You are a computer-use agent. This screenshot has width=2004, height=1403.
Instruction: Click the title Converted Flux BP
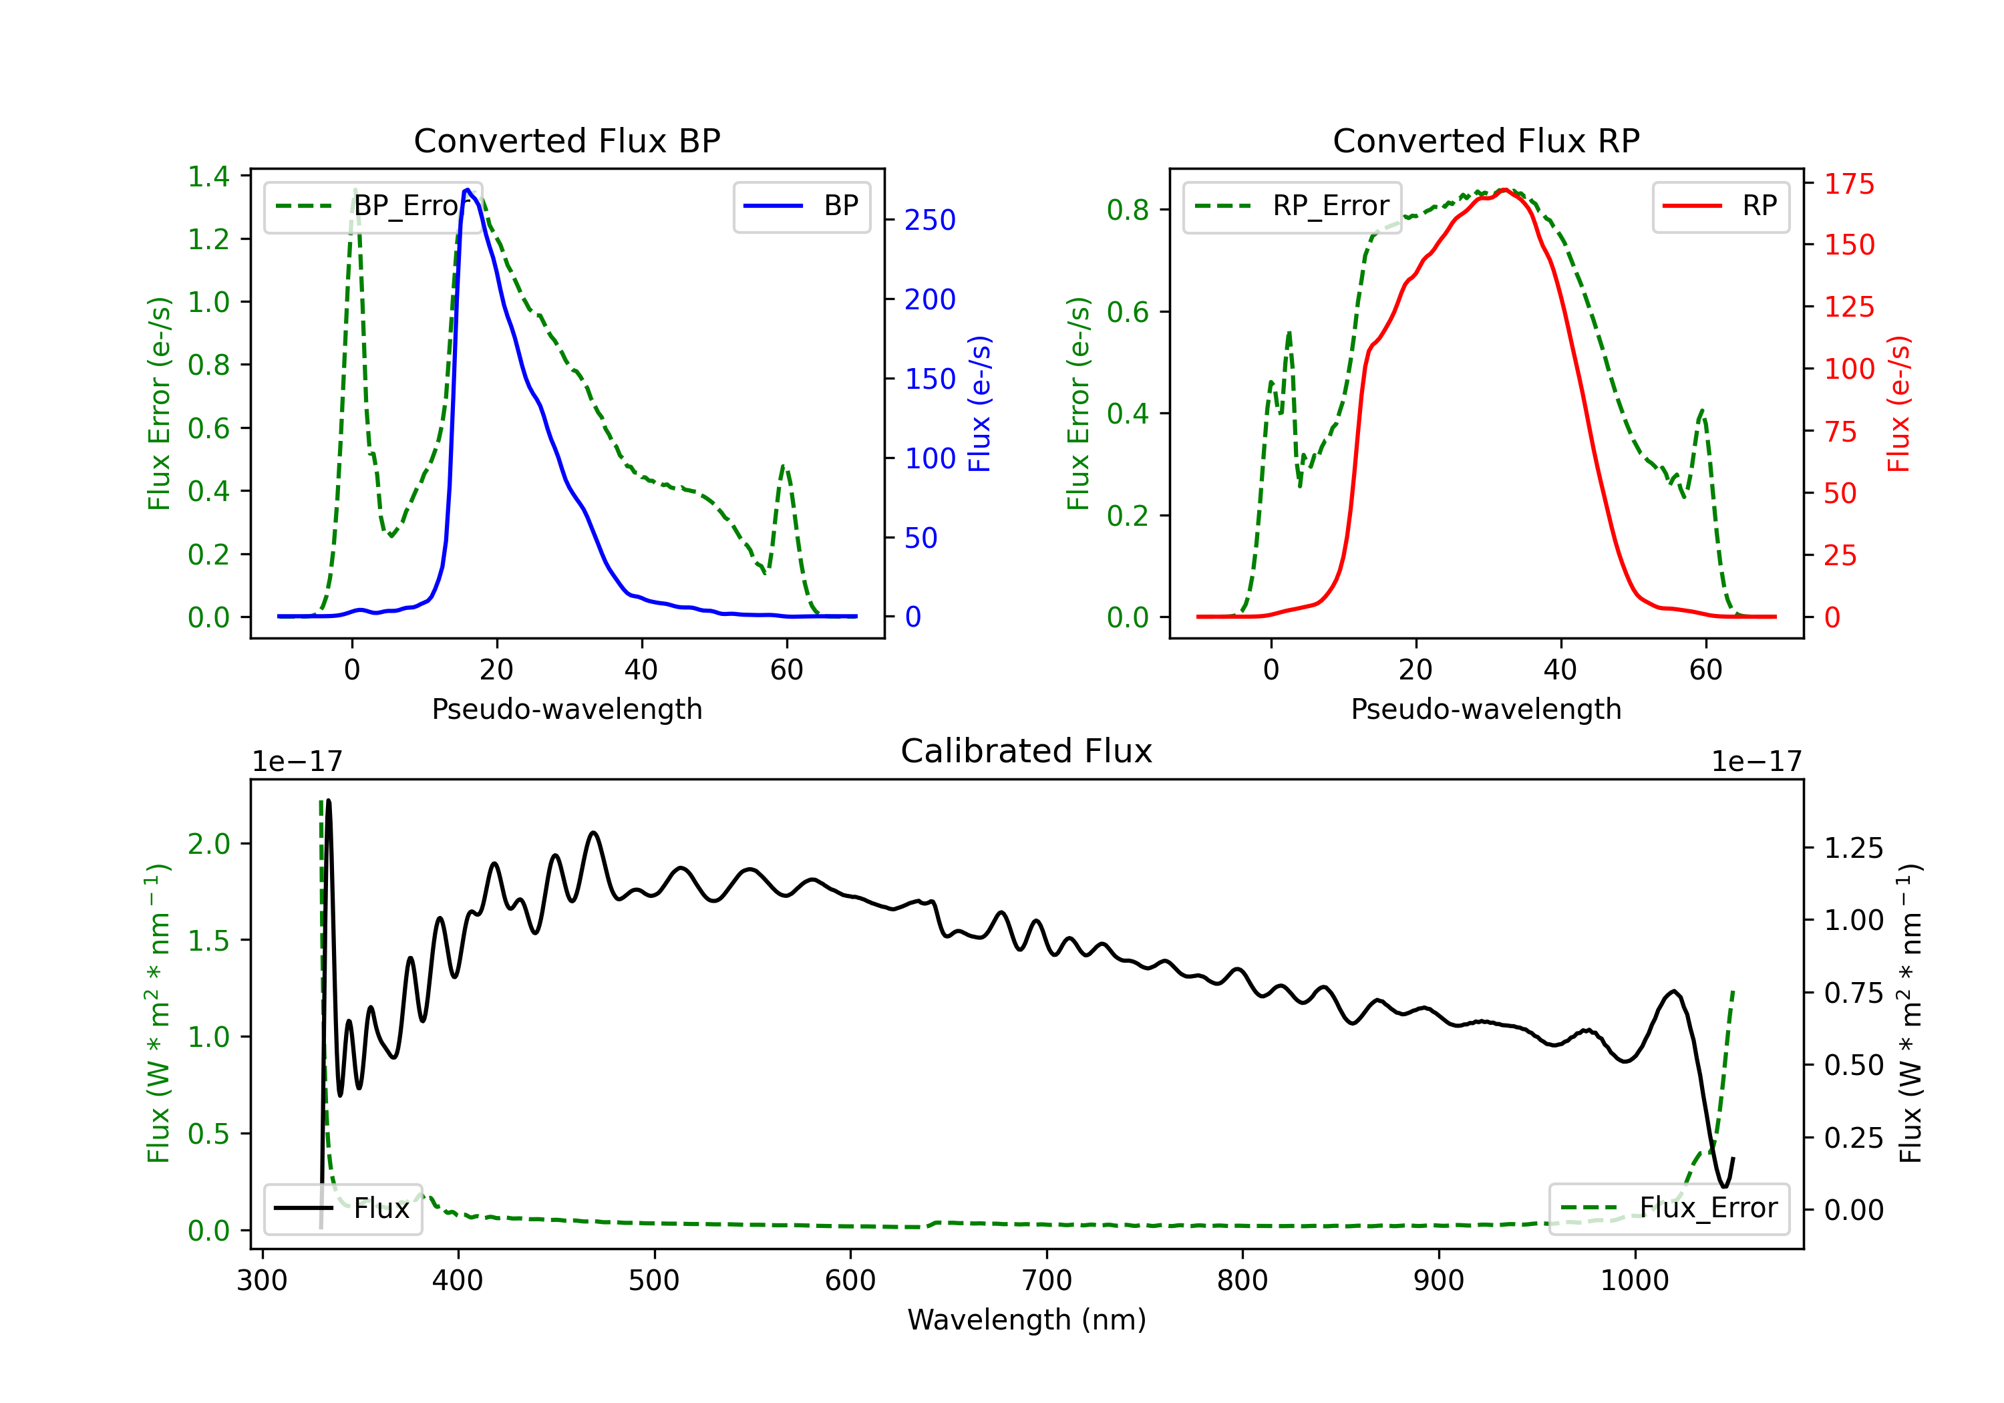tap(567, 140)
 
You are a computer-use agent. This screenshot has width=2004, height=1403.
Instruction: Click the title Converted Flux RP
tap(1486, 140)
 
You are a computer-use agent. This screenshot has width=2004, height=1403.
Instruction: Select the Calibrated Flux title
tap(1027, 751)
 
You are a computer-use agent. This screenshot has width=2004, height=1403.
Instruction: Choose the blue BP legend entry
tap(801, 206)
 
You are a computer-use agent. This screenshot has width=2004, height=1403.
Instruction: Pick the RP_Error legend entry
tap(1292, 206)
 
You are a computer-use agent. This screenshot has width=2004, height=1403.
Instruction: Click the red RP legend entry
tap(1720, 206)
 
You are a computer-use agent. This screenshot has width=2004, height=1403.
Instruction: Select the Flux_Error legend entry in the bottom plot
tap(1669, 1209)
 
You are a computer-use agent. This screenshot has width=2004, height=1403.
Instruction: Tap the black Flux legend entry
tap(342, 1209)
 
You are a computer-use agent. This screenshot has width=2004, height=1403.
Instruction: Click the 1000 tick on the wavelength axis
tap(1635, 1281)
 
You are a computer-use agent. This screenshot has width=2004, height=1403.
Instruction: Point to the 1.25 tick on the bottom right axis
tap(1854, 848)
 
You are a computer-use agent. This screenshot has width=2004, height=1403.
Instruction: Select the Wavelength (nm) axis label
tap(1027, 1320)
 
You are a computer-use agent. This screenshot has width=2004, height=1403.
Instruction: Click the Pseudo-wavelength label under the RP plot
tap(1486, 709)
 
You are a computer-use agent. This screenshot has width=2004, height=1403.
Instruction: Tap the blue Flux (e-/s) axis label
tap(980, 404)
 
